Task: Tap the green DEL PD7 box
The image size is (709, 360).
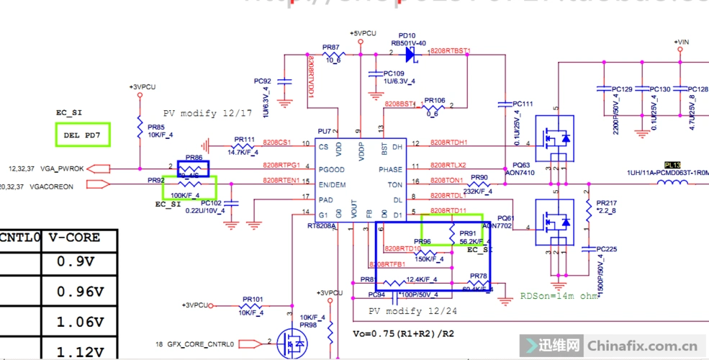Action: (83, 135)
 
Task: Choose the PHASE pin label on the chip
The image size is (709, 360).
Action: (391, 169)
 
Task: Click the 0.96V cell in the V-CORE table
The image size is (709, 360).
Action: (81, 292)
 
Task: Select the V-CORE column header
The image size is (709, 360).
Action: (74, 238)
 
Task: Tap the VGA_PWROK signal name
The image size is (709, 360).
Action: (63, 169)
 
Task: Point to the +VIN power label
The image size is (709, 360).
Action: (682, 42)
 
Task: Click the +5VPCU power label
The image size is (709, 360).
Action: (363, 34)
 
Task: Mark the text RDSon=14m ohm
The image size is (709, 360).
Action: (559, 296)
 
